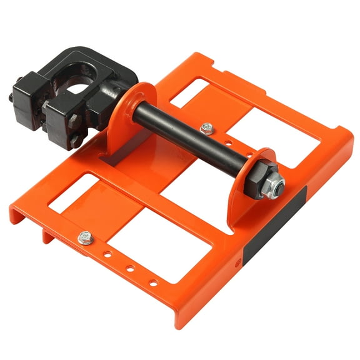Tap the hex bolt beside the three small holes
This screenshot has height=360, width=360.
pos(86,237)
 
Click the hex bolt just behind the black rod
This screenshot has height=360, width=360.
pos(206,127)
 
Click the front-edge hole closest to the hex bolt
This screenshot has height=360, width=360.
pos(109,255)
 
